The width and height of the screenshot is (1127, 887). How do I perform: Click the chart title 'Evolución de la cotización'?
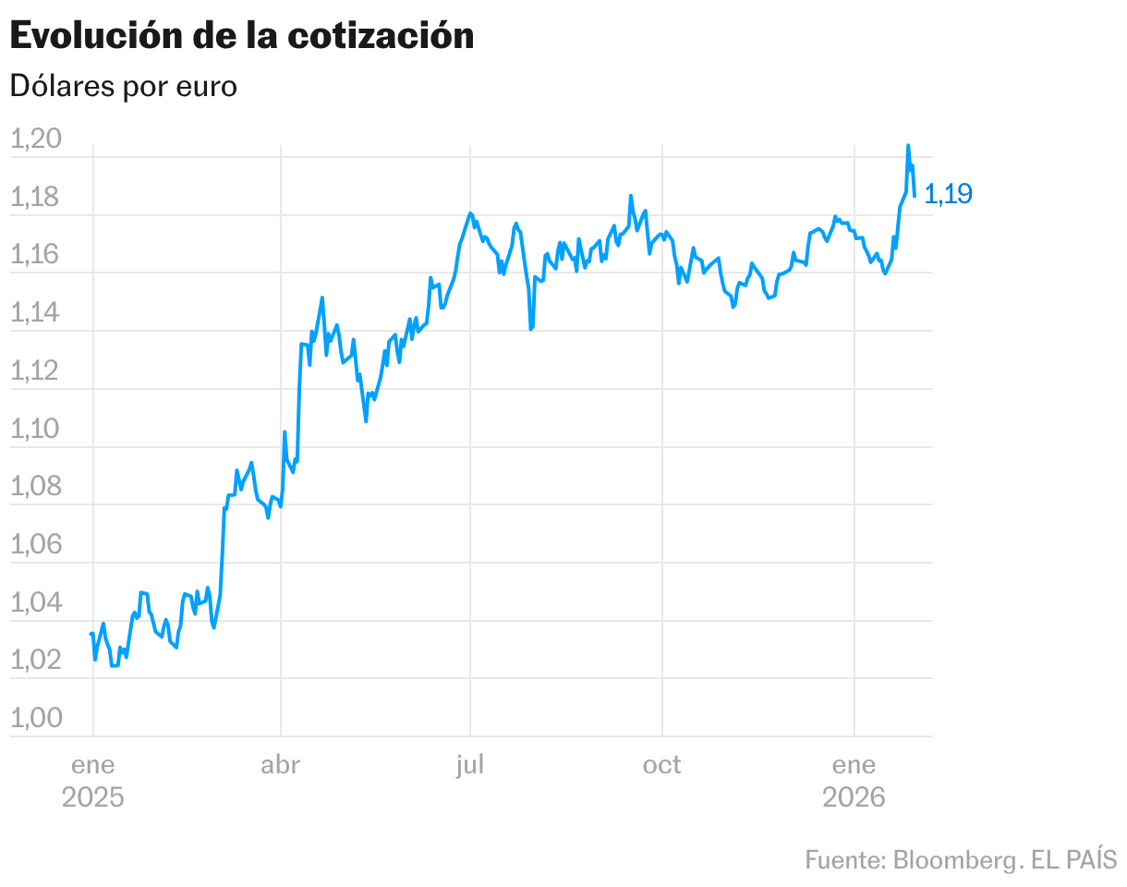(241, 35)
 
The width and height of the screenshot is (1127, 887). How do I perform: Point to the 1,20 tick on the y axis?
(35, 140)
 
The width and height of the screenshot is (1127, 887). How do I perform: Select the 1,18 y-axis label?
(35, 198)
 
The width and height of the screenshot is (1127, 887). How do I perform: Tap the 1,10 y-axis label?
(35, 429)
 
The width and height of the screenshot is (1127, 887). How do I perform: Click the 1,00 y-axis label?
(35, 718)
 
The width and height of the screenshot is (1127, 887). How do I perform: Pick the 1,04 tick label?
(35, 602)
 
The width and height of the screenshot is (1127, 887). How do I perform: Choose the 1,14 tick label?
(35, 313)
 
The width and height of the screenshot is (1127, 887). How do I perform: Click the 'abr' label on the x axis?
(281, 765)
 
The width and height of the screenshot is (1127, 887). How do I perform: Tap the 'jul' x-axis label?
(470, 765)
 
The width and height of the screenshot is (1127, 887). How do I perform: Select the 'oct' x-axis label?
(662, 765)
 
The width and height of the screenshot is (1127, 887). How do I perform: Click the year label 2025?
(92, 796)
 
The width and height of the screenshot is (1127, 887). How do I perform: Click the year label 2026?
(854, 796)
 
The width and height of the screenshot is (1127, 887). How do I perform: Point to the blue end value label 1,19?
(948, 194)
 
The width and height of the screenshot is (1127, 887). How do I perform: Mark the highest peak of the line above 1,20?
(908, 145)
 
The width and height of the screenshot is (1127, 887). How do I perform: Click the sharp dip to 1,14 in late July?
(531, 328)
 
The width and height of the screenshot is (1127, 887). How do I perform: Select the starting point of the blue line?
(91, 634)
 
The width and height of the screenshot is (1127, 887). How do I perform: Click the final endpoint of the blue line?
(915, 195)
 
